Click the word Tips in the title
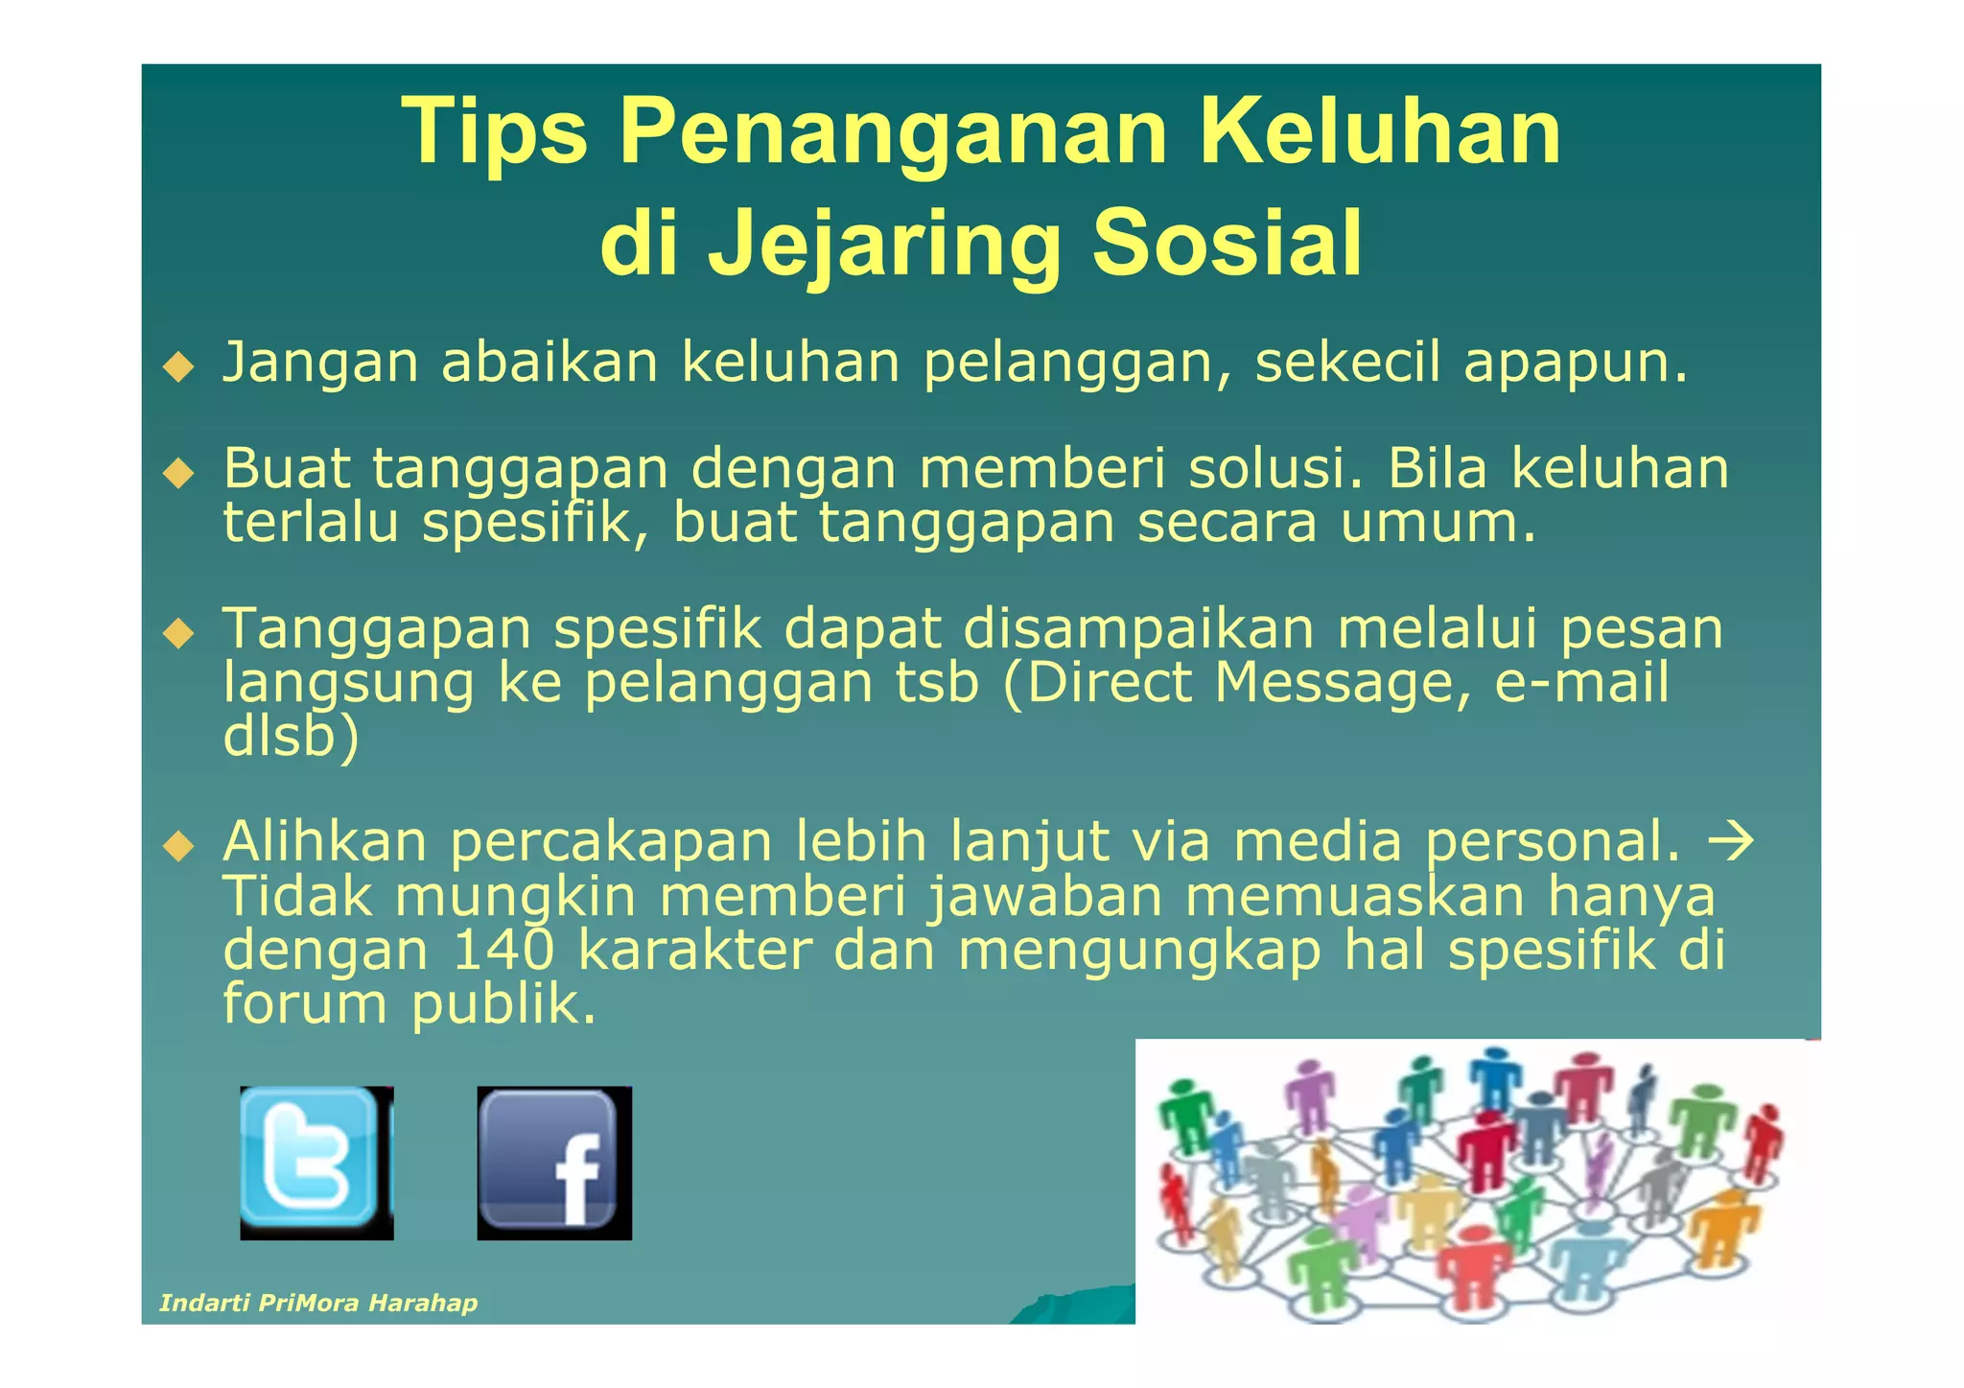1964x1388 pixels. tap(494, 131)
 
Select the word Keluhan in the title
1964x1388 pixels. tap(1380, 131)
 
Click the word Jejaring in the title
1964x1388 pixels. tap(884, 245)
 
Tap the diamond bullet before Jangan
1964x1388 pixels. tap(178, 366)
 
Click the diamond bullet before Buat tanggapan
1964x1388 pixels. tap(178, 473)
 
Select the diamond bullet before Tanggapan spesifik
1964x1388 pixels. tap(178, 633)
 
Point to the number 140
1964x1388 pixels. tap(503, 950)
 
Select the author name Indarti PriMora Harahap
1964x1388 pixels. tap(318, 1302)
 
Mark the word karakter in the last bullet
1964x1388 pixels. tap(695, 950)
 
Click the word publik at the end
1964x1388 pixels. tap(504, 1004)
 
